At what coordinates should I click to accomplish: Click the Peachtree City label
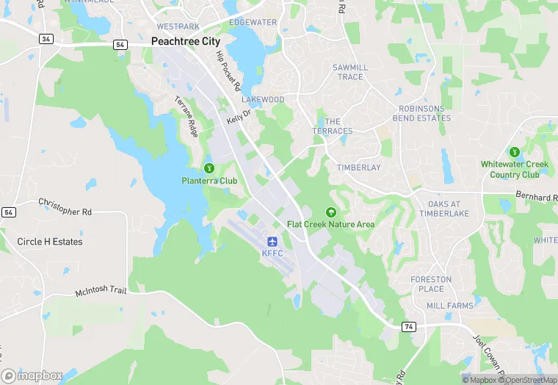click(185, 42)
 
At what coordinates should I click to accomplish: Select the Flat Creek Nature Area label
click(330, 224)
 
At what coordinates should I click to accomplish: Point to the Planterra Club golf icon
click(209, 168)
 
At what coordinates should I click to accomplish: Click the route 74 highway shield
click(408, 325)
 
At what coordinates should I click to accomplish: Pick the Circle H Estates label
click(50, 241)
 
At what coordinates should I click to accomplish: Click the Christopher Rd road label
click(65, 206)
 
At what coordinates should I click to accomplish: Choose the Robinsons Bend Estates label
click(421, 113)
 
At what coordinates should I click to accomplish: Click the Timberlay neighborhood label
click(358, 168)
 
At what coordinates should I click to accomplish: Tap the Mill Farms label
click(450, 304)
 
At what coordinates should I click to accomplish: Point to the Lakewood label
click(263, 99)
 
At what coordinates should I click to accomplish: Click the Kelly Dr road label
click(239, 118)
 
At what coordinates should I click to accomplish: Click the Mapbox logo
click(32, 375)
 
